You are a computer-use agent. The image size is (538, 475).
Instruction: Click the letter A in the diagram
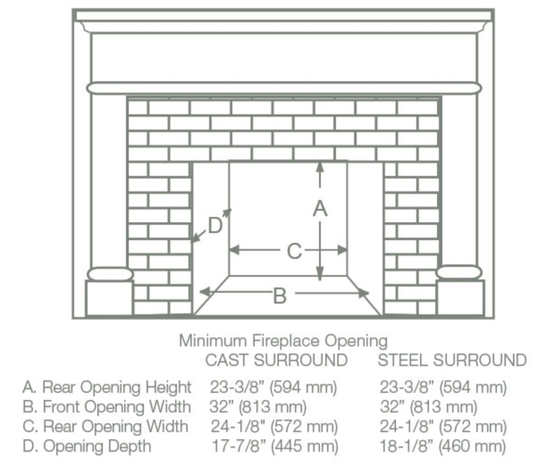(x=320, y=208)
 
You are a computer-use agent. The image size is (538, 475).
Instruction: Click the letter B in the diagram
(x=279, y=295)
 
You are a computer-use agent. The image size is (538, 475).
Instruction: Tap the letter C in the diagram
(x=294, y=251)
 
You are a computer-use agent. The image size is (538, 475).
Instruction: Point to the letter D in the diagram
(x=215, y=225)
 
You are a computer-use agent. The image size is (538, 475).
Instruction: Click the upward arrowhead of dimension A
(x=319, y=167)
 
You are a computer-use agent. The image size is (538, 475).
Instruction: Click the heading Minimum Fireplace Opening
(x=283, y=341)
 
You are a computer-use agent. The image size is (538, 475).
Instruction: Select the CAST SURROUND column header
(x=276, y=360)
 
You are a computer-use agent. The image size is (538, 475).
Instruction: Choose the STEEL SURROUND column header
(x=452, y=360)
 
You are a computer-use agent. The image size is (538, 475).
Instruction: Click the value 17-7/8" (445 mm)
(x=275, y=446)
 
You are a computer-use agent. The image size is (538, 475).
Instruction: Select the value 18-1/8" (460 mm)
(x=443, y=446)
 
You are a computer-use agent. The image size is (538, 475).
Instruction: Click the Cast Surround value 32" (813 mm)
(x=258, y=407)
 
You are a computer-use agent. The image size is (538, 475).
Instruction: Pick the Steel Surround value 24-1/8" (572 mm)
(x=443, y=426)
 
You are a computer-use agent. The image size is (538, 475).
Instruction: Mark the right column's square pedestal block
(x=461, y=298)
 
